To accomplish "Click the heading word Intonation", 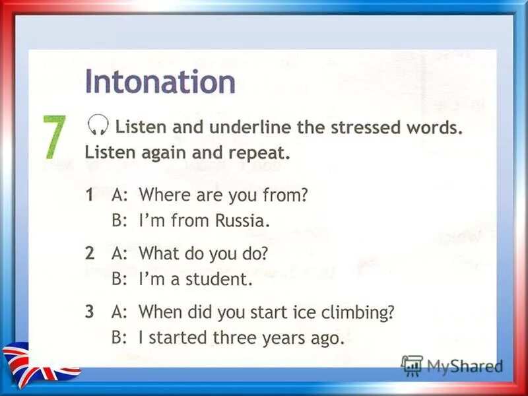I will [160, 83].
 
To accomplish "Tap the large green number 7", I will [55, 137].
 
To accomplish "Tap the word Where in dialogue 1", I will [162, 195].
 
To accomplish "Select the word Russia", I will [242, 221].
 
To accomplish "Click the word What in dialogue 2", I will [158, 253].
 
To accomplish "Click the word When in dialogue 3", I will [159, 312].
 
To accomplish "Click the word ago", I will [329, 339].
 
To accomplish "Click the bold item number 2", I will [90, 253].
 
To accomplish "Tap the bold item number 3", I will [90, 312].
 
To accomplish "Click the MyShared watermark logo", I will [453, 365].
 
